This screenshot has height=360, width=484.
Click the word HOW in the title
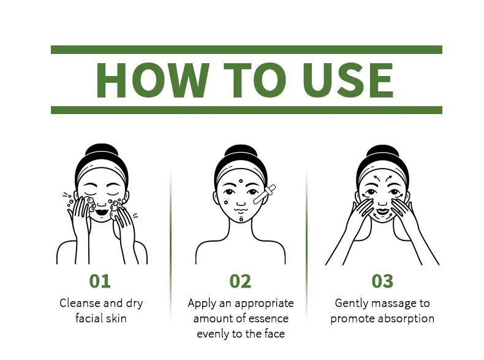(153, 80)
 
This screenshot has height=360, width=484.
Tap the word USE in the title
(347, 80)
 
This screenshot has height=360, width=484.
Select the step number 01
(100, 281)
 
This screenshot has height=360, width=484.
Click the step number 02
(240, 281)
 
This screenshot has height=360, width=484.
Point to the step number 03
(382, 281)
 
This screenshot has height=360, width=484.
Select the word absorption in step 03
(406, 318)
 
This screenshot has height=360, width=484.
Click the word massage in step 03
(394, 304)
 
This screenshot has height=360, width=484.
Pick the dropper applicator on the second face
(264, 194)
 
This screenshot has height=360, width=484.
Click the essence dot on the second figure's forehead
(241, 181)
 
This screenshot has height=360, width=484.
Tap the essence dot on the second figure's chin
(241, 219)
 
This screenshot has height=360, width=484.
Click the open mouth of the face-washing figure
(101, 213)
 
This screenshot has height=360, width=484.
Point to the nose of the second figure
(241, 202)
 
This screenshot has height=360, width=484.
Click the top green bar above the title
(246, 50)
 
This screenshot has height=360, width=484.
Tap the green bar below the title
(246, 110)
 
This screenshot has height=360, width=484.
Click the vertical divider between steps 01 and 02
(170, 244)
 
